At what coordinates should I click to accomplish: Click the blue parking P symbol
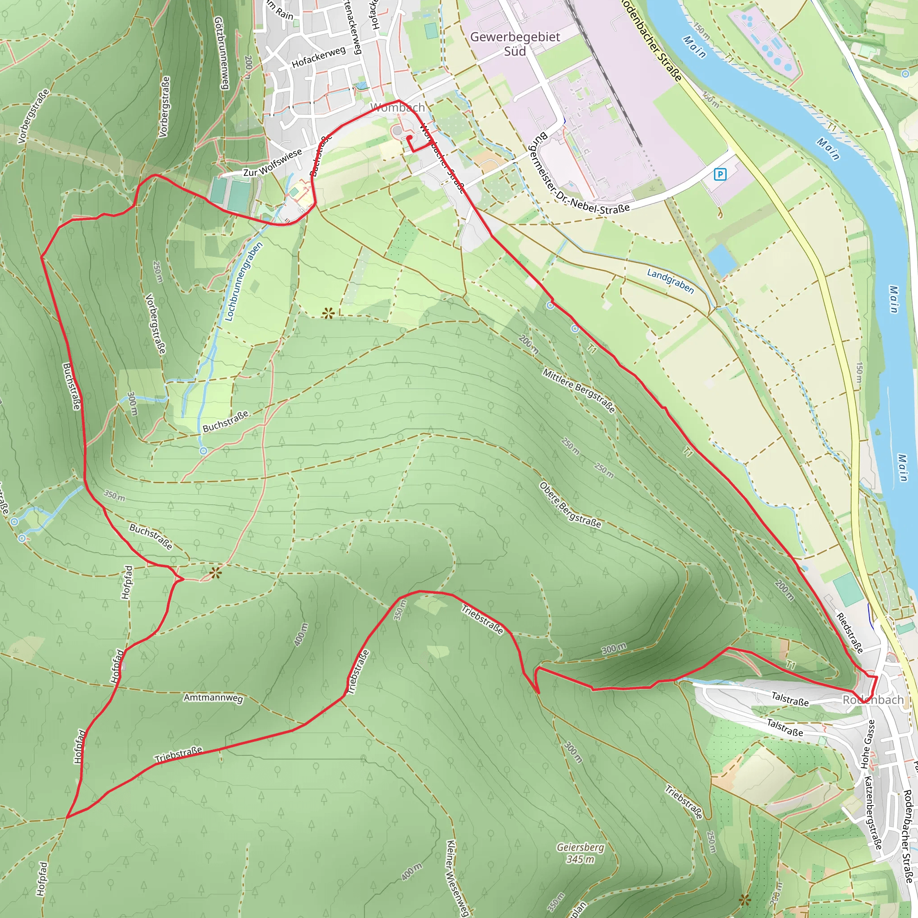click(x=720, y=174)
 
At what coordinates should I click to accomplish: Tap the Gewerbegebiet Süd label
click(x=515, y=44)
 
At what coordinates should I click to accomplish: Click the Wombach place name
click(x=398, y=108)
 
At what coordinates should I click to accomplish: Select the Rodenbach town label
click(x=873, y=699)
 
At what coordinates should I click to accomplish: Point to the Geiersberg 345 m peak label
click(x=580, y=853)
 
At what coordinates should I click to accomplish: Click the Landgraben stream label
click(x=670, y=280)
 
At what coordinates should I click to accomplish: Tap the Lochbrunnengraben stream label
click(x=243, y=282)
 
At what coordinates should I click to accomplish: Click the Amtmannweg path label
click(x=213, y=698)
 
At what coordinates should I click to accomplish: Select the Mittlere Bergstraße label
click(x=579, y=390)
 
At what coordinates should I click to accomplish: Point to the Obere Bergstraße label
click(x=570, y=505)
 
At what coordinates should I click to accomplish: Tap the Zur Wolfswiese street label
click(x=272, y=163)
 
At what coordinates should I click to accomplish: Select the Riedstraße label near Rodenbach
click(x=849, y=632)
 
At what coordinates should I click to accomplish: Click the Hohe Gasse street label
click(x=867, y=744)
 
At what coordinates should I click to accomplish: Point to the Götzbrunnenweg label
click(x=221, y=53)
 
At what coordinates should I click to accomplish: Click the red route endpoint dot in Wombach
click(x=409, y=138)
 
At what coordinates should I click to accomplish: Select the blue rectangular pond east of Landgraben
click(x=722, y=260)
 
